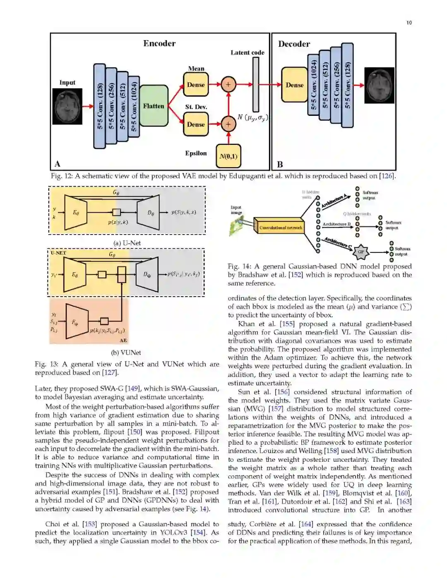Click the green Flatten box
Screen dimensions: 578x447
click(x=154, y=106)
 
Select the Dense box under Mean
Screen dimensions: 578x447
click(x=196, y=85)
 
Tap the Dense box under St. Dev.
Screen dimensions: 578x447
click(x=196, y=124)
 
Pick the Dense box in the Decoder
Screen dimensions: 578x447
click(x=294, y=85)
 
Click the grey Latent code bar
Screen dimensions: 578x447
click(x=256, y=84)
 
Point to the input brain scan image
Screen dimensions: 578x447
click(x=67, y=106)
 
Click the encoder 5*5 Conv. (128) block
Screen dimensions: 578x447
click(x=99, y=106)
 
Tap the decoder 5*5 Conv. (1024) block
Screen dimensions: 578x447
click(x=314, y=85)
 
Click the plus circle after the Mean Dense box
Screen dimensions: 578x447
click(x=228, y=85)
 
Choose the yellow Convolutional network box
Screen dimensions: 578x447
click(x=281, y=228)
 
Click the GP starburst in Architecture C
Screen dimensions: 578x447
click(x=361, y=252)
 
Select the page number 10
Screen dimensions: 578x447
click(x=409, y=23)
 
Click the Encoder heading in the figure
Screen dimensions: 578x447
click(x=159, y=43)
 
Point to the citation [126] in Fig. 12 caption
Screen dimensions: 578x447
click(x=387, y=176)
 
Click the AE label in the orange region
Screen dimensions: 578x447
click(x=123, y=340)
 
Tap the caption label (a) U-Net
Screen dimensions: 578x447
click(x=127, y=243)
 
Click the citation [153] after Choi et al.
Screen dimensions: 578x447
click(x=89, y=524)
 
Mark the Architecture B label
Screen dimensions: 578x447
click(x=336, y=224)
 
